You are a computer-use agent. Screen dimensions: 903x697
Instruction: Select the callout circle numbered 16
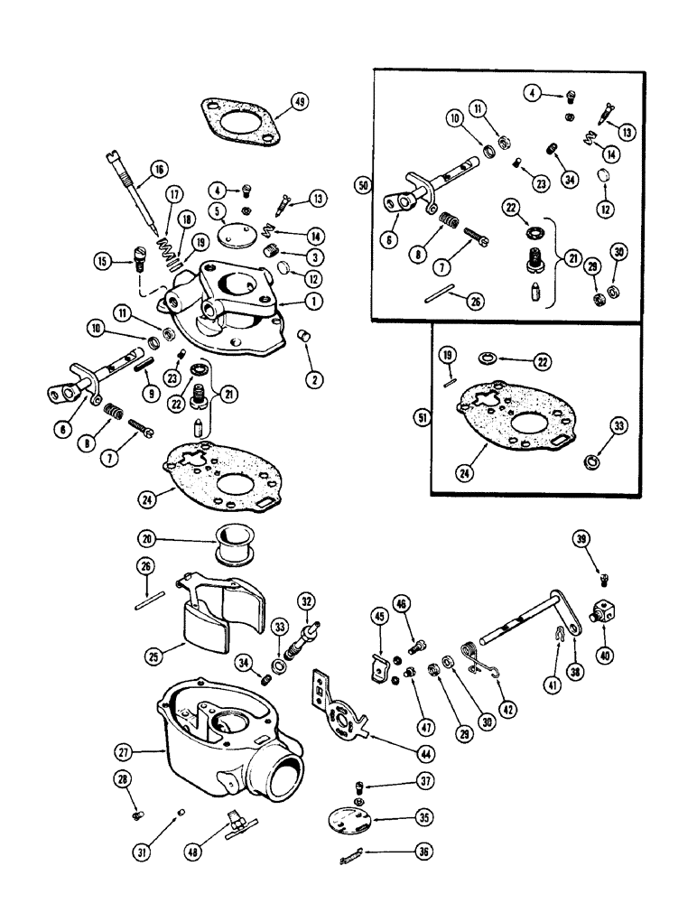click(x=159, y=168)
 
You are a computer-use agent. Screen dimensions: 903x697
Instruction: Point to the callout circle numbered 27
click(x=123, y=750)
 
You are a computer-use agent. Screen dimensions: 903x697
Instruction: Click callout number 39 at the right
click(x=583, y=539)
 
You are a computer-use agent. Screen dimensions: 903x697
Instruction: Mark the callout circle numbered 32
click(x=308, y=600)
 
